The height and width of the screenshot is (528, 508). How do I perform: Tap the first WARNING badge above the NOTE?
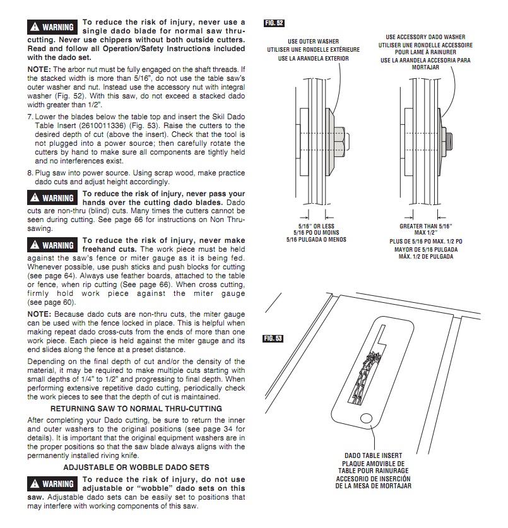click(53, 27)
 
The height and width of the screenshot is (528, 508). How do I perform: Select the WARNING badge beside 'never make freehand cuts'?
click(53, 245)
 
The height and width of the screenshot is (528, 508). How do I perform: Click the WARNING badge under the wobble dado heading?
click(53, 484)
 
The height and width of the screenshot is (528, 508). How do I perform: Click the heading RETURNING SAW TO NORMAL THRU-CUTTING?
click(136, 409)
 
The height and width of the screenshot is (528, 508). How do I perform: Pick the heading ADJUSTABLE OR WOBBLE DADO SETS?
click(136, 467)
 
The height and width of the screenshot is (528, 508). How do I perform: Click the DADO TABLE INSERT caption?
click(373, 455)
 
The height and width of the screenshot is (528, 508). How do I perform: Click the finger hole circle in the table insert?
click(366, 418)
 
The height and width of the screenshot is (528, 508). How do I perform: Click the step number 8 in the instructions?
click(30, 173)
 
